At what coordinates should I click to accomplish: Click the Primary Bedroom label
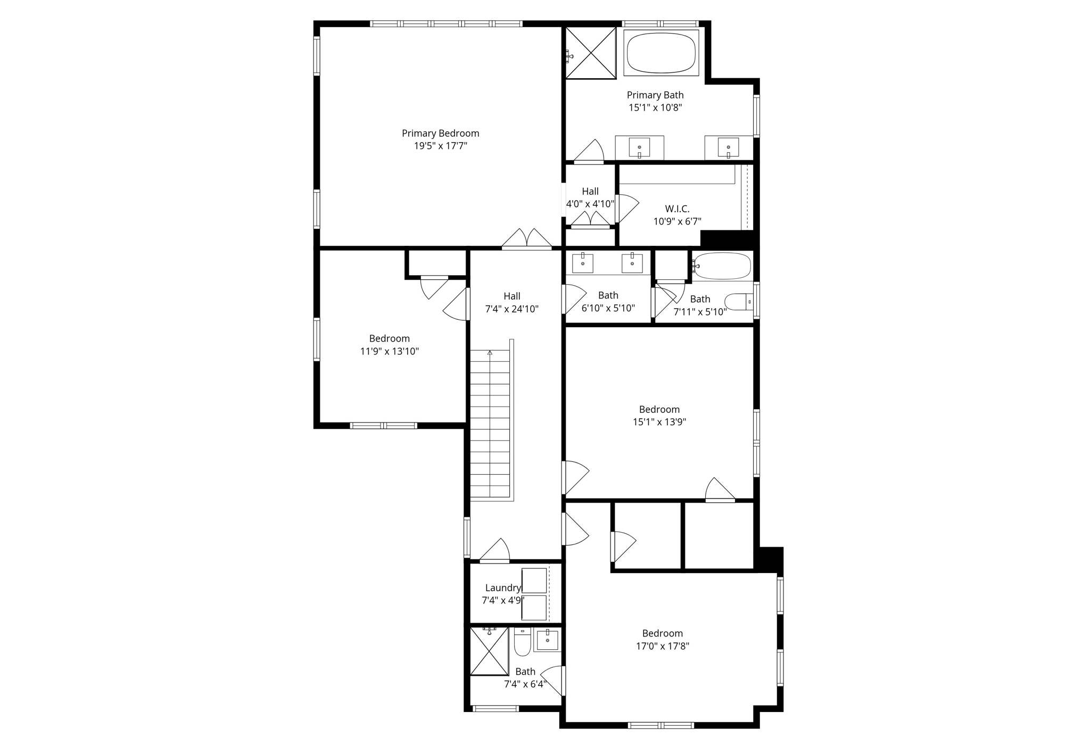pos(440,133)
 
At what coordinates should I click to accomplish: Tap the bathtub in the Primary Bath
pos(661,53)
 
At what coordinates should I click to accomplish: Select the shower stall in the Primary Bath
pos(590,53)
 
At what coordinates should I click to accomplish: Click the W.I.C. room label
pos(677,209)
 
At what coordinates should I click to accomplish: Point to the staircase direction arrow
pos(490,353)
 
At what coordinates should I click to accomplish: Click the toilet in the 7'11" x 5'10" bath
pos(739,302)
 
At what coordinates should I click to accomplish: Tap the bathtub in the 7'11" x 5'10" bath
pos(722,266)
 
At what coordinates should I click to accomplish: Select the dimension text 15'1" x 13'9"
pos(659,422)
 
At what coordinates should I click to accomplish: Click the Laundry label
pos(502,587)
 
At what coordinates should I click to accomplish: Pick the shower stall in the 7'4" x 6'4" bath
pos(489,651)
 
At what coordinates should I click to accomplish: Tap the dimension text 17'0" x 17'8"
pos(662,646)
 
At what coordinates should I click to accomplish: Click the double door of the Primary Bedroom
pos(527,239)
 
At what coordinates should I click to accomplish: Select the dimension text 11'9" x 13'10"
pos(390,351)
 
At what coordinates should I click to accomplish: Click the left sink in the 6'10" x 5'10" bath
pos(583,263)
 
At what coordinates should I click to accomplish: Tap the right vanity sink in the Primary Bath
pos(728,147)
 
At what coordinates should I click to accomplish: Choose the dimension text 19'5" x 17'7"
pos(440,146)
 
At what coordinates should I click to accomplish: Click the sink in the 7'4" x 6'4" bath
pos(547,640)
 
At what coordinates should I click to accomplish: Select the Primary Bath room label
pos(655,95)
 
